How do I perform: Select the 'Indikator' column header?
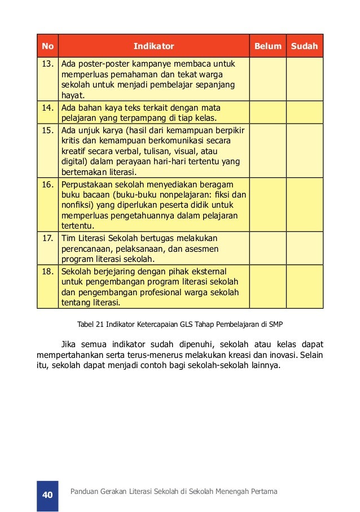pyautogui.click(x=154, y=46)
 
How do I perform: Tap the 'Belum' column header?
pyautogui.click(x=268, y=46)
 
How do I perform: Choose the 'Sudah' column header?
pyautogui.click(x=305, y=46)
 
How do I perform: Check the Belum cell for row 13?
pyautogui.click(x=268, y=79)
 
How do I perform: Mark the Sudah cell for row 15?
pyautogui.click(x=305, y=151)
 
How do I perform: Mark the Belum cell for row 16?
pyautogui.click(x=268, y=205)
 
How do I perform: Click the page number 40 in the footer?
pyautogui.click(x=47, y=495)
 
